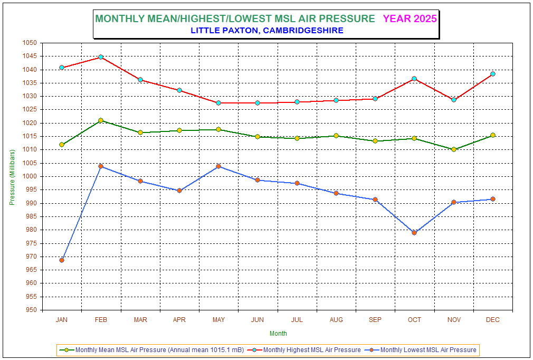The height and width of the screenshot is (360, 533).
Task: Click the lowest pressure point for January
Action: point(62,260)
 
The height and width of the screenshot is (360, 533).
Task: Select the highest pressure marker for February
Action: point(101,57)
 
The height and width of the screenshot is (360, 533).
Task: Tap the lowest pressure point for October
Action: point(414,233)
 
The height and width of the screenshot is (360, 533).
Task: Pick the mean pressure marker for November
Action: point(454,149)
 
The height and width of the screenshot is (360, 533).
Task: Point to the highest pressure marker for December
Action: point(493,74)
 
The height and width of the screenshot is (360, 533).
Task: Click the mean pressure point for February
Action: point(101,120)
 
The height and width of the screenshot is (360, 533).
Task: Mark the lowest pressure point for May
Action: point(218,166)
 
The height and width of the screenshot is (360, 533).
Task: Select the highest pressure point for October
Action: point(414,79)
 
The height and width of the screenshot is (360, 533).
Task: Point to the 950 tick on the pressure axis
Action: point(31,310)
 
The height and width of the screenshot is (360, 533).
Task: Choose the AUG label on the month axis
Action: point(336,320)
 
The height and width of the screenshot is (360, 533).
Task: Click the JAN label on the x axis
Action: point(62,320)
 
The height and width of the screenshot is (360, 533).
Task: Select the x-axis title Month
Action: point(278,334)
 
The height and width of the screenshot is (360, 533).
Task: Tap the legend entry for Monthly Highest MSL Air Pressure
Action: point(312,350)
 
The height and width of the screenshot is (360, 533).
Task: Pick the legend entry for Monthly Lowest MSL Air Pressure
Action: point(428,350)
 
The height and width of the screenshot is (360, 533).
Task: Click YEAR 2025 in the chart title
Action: point(410,18)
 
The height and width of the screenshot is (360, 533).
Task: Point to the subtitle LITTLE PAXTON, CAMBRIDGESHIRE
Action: point(266,31)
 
